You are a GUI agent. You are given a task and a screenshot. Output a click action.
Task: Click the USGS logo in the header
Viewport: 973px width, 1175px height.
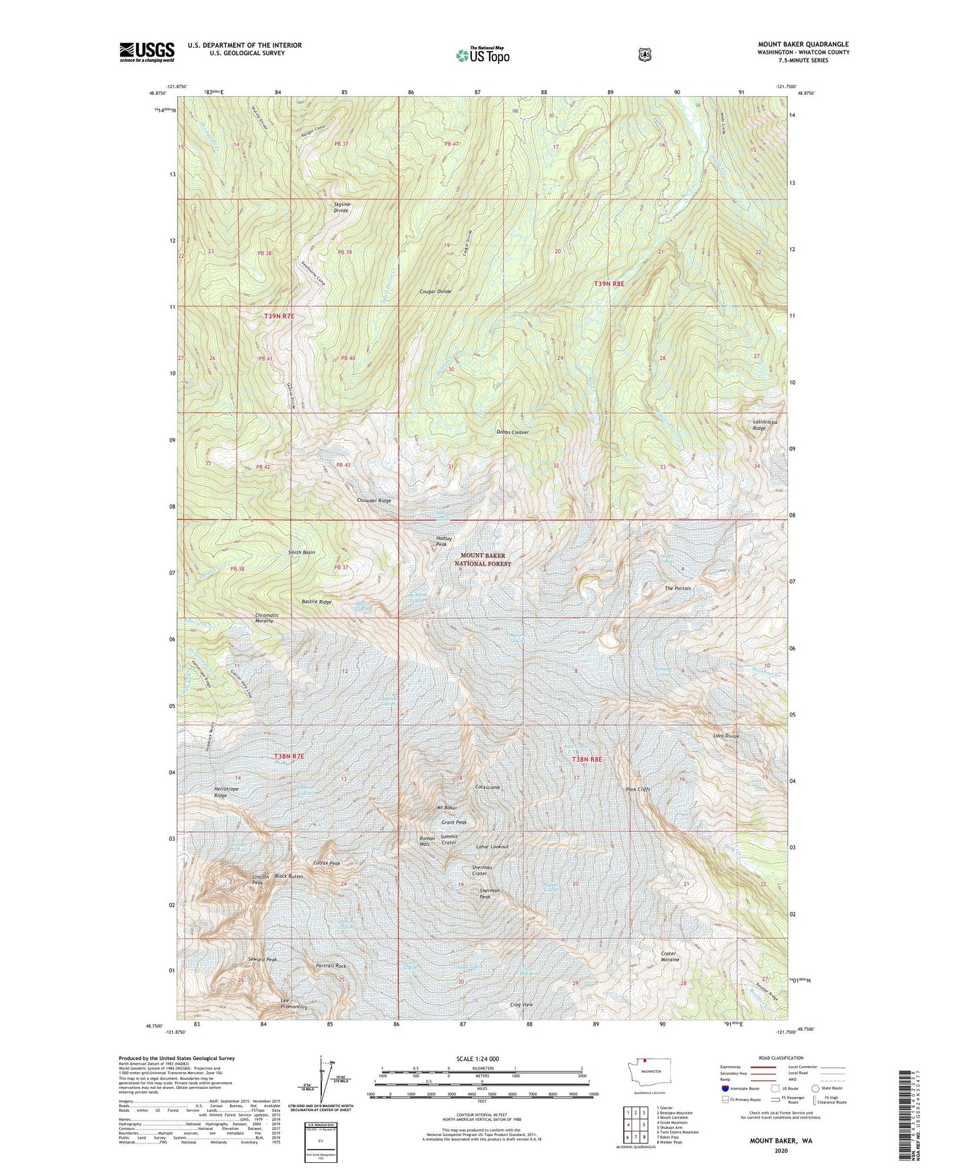[147, 52]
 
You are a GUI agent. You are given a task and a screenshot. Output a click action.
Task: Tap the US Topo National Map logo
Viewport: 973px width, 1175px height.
[482, 55]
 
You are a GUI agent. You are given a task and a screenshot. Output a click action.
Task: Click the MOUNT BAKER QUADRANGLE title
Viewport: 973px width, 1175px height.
[803, 44]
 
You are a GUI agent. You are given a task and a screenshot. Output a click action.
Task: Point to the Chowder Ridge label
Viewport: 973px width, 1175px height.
[374, 501]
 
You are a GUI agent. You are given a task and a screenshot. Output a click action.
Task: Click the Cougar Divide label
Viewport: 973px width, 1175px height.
[435, 291]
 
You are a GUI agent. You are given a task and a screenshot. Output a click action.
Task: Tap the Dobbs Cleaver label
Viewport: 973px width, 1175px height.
[512, 432]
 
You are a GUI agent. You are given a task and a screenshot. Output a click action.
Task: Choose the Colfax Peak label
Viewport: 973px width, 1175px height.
[327, 863]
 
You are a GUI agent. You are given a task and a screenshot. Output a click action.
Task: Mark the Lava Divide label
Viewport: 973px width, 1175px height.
[727, 736]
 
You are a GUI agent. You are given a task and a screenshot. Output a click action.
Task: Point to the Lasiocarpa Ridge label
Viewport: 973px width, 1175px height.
[764, 425]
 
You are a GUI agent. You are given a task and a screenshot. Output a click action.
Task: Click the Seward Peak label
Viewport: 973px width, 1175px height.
[262, 959]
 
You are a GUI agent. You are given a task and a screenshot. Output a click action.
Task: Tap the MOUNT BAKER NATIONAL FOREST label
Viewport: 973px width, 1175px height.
[482, 560]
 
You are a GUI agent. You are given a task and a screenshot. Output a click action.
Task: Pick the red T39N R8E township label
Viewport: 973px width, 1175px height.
[609, 284]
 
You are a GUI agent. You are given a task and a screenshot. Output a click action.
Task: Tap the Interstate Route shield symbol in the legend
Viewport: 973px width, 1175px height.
[725, 1088]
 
